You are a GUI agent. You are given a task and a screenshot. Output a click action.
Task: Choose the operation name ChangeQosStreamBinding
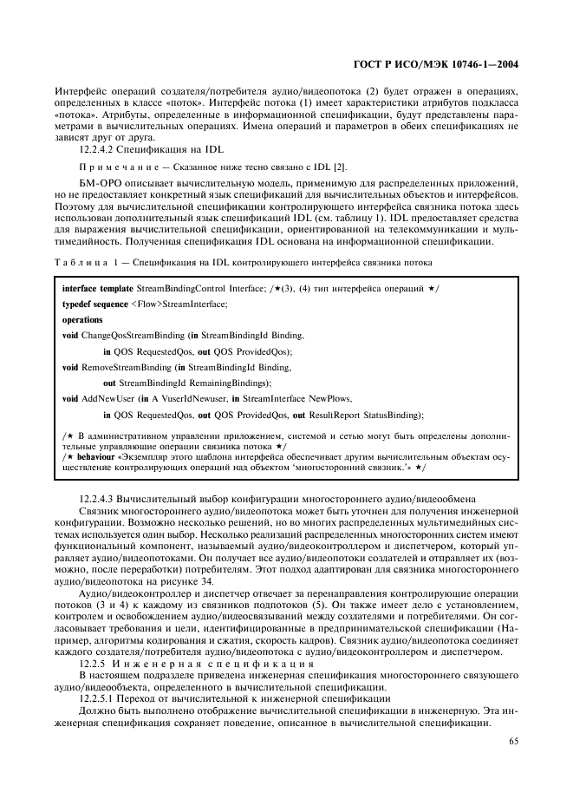pyautogui.click(x=127, y=335)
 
